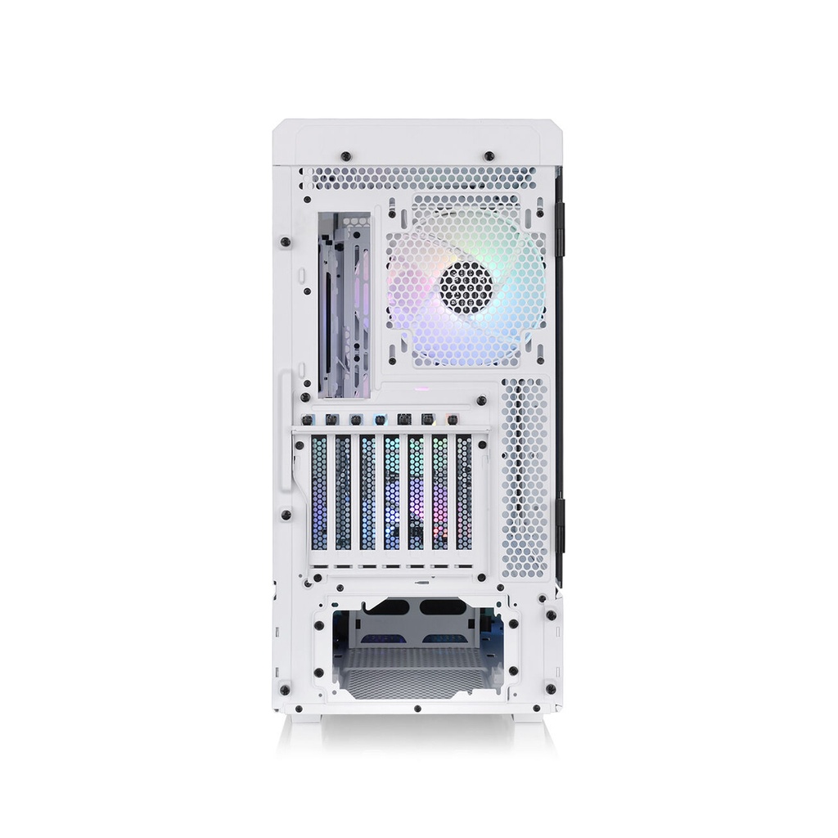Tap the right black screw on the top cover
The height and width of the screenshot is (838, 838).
click(489, 155)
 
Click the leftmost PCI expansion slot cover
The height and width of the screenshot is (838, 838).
click(319, 492)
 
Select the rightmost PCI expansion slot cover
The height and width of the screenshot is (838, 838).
click(464, 492)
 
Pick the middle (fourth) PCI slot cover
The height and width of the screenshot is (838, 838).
click(392, 492)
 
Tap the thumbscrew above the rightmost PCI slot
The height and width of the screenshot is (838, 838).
click(450, 420)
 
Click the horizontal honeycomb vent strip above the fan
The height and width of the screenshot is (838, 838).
click(417, 178)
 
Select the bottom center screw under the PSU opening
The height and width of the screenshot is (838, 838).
click(417, 709)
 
